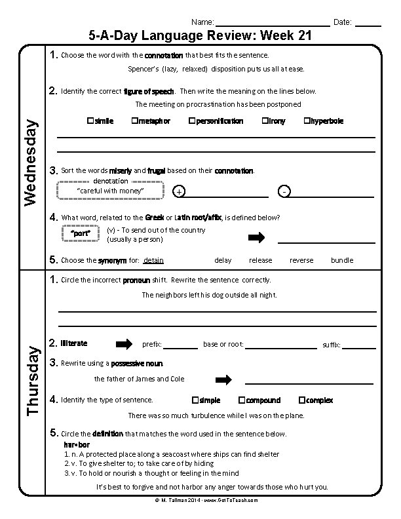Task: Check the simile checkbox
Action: (x=90, y=121)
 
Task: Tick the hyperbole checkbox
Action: (x=307, y=121)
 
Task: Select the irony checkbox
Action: (x=264, y=121)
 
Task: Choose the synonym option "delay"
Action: (x=223, y=260)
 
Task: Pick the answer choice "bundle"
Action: (x=341, y=260)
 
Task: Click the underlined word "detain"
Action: (x=153, y=260)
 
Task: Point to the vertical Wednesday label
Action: (x=31, y=160)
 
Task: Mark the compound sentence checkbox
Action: (x=242, y=400)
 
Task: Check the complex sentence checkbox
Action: (x=301, y=400)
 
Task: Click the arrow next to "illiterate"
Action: (x=124, y=343)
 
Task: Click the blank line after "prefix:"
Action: (x=180, y=346)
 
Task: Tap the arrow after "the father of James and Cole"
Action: (x=224, y=379)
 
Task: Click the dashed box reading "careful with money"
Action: (x=110, y=190)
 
